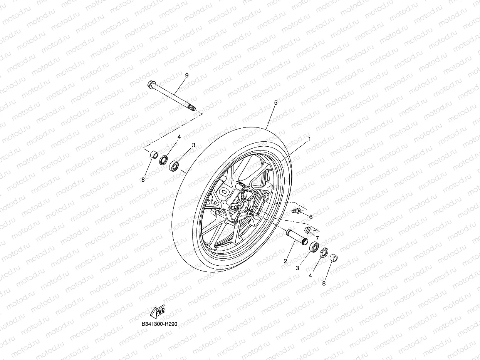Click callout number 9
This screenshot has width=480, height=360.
[186, 75]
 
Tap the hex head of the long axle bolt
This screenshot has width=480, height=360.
[151, 84]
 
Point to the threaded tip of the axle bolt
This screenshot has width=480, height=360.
[191, 108]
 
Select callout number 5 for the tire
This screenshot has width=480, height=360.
[275, 103]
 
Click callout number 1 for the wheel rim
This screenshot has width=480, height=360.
[309, 139]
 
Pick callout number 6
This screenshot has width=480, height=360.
[310, 217]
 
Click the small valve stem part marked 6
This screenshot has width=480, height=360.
[297, 210]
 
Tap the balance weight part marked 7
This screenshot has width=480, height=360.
[307, 230]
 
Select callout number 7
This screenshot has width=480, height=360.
[317, 238]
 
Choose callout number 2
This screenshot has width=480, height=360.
[285, 261]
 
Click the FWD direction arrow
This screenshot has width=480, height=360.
[158, 311]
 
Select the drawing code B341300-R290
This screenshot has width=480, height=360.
[159, 324]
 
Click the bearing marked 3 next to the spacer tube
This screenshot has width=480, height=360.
[314, 247]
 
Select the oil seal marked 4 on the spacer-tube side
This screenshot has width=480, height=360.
[324, 253]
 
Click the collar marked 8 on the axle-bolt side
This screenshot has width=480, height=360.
[153, 155]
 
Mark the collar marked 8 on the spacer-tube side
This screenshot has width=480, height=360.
[334, 256]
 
